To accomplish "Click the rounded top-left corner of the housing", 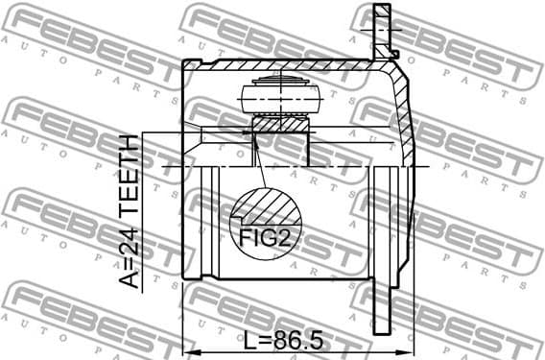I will (186, 65).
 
